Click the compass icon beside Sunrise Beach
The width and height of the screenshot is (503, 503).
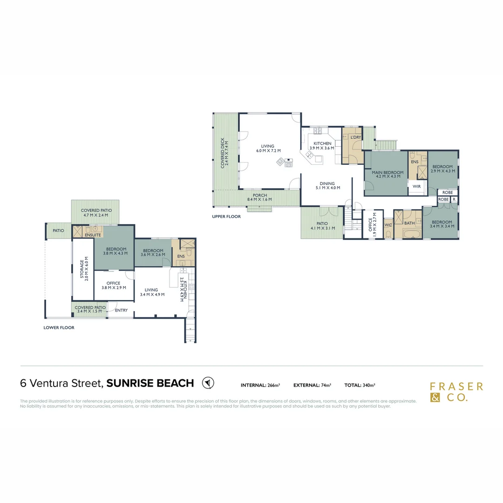(208, 383)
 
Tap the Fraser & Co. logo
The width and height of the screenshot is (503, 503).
(456, 392)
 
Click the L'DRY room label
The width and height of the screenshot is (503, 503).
(355, 137)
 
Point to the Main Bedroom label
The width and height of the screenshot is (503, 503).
(387, 173)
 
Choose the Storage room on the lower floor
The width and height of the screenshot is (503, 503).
(82, 270)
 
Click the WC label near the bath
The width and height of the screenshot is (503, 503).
(388, 224)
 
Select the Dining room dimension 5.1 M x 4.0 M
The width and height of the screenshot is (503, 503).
(327, 188)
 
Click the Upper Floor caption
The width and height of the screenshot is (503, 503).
(226, 217)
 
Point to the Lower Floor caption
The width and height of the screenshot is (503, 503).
(59, 327)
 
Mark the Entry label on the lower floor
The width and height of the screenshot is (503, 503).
(121, 310)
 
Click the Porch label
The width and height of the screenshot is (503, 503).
(260, 195)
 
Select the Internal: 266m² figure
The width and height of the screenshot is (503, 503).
(260, 385)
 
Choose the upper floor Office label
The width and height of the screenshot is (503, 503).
(371, 224)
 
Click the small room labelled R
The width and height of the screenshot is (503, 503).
(454, 199)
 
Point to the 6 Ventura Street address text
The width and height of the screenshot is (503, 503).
(61, 383)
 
